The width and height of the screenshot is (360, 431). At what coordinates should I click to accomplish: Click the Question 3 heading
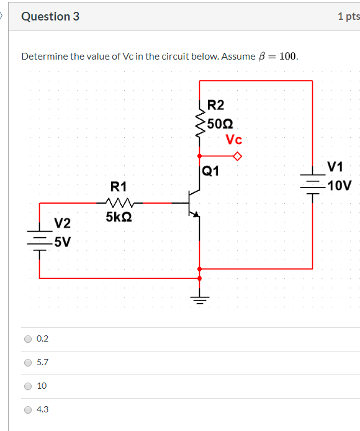click(x=50, y=17)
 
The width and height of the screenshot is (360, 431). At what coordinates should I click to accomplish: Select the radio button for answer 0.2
click(x=27, y=339)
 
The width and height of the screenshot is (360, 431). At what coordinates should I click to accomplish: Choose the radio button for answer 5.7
click(x=27, y=363)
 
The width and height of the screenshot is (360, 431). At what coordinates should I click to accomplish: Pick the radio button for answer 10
click(x=27, y=386)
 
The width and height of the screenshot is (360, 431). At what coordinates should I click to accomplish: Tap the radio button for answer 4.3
click(x=27, y=410)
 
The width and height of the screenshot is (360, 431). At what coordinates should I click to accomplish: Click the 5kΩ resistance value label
click(x=119, y=217)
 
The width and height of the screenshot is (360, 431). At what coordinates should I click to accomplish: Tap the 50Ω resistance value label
click(x=220, y=122)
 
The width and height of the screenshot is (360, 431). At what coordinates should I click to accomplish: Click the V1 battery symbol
click(x=312, y=184)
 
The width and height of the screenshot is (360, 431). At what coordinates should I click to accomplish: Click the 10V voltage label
click(x=340, y=185)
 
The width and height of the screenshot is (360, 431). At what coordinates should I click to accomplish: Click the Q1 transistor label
click(x=210, y=170)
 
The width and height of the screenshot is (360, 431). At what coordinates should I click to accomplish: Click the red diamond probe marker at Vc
click(x=236, y=157)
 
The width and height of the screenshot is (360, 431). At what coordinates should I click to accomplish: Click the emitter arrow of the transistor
click(x=196, y=215)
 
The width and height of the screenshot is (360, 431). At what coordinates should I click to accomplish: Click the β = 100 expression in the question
click(x=277, y=57)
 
